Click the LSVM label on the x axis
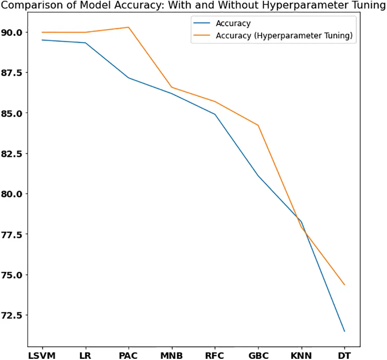(x=42, y=355)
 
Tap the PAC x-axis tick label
(x=128, y=355)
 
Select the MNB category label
(x=171, y=355)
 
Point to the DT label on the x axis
(x=344, y=355)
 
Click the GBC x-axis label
(x=258, y=355)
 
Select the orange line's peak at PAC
(x=128, y=27)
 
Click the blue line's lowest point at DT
(x=344, y=331)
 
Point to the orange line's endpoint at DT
(x=344, y=285)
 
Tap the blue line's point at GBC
(x=258, y=175)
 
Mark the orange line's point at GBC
(x=258, y=125)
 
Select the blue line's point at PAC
(x=128, y=77)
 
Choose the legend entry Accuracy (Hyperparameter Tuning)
(x=284, y=36)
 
